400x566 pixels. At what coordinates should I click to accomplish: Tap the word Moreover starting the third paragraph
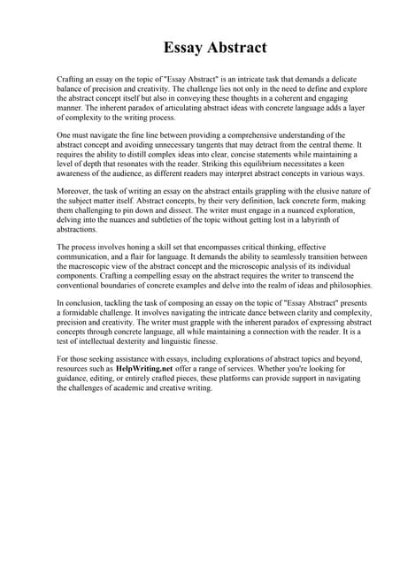74,191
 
